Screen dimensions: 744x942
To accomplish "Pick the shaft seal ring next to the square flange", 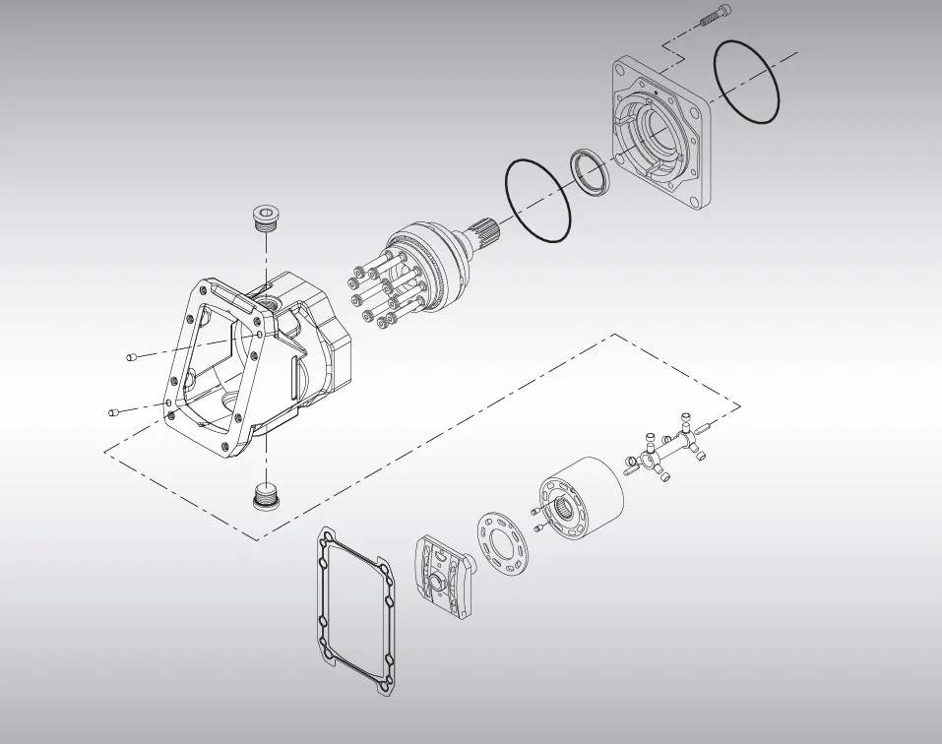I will click(x=591, y=171).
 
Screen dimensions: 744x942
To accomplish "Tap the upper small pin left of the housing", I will click(x=132, y=357).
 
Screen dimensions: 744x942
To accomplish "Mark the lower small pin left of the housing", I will click(x=114, y=411).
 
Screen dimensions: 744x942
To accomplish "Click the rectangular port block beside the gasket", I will click(x=442, y=577).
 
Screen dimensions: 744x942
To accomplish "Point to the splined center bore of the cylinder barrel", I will click(x=568, y=509).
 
